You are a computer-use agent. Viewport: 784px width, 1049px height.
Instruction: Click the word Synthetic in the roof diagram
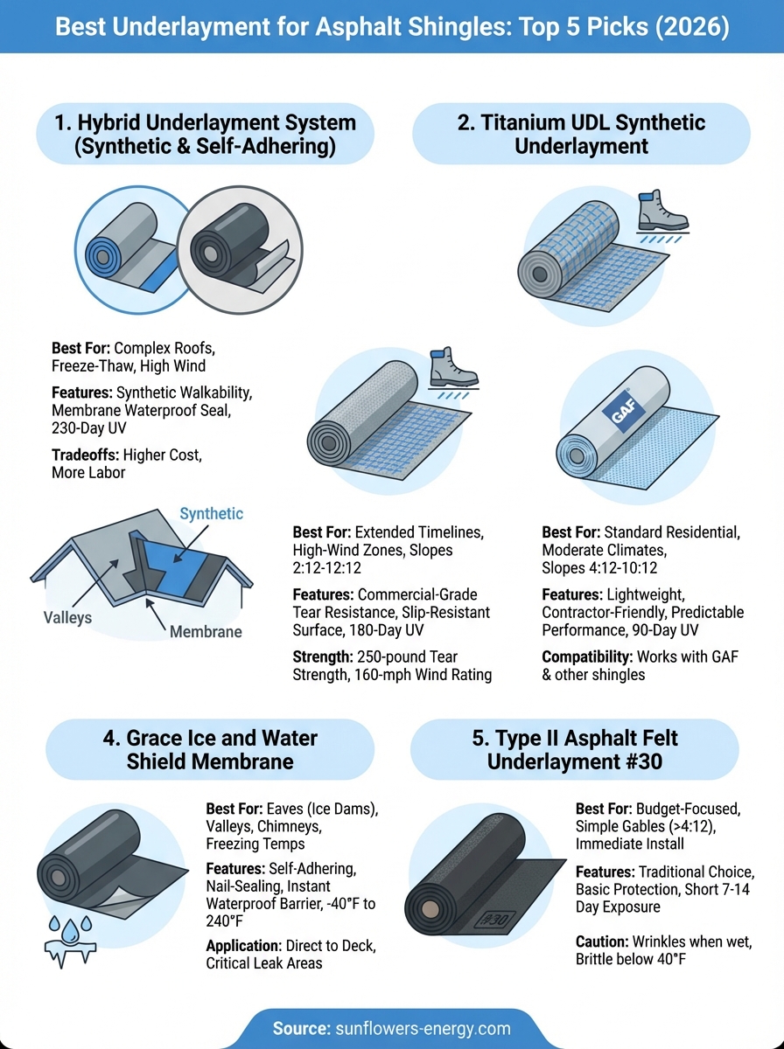coord(211,513)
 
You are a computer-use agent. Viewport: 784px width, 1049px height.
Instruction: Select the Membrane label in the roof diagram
coord(206,632)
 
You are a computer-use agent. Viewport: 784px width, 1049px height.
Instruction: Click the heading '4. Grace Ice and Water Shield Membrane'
coord(210,749)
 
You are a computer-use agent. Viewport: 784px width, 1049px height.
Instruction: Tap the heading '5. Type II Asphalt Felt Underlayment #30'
coord(575,749)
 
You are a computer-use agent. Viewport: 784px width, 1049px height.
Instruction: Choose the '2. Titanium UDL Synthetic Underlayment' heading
coord(581,134)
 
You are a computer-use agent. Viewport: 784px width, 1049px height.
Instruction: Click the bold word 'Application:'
coord(244,946)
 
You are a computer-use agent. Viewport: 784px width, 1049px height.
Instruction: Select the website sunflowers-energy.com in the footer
coord(423,1028)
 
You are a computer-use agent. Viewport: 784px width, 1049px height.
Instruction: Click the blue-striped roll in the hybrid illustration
coord(125,250)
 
